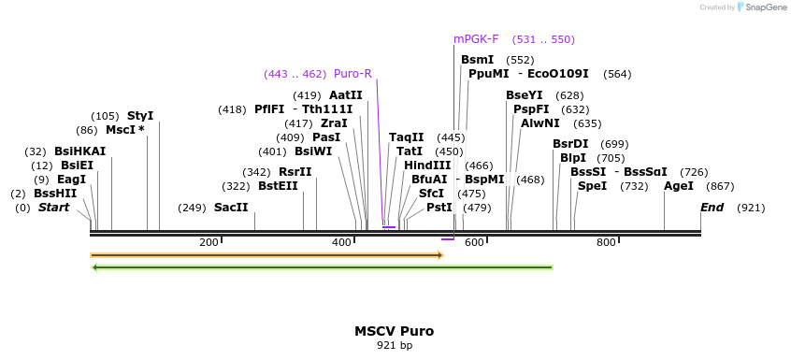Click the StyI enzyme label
(x=140, y=116)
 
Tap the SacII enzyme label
(x=231, y=208)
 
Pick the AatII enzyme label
(x=346, y=95)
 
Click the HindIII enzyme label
(x=427, y=166)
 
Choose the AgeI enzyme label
(x=679, y=186)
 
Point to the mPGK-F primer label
(x=476, y=39)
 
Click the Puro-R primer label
(x=352, y=74)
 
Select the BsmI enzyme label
(x=477, y=60)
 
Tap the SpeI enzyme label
(x=593, y=186)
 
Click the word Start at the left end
(x=53, y=208)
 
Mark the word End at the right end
(x=712, y=208)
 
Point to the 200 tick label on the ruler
(x=209, y=243)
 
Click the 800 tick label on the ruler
(x=606, y=243)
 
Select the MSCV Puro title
(x=394, y=331)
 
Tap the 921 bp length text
(x=394, y=346)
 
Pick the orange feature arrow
(x=266, y=255)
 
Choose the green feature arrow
(x=322, y=267)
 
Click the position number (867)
(x=721, y=186)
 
